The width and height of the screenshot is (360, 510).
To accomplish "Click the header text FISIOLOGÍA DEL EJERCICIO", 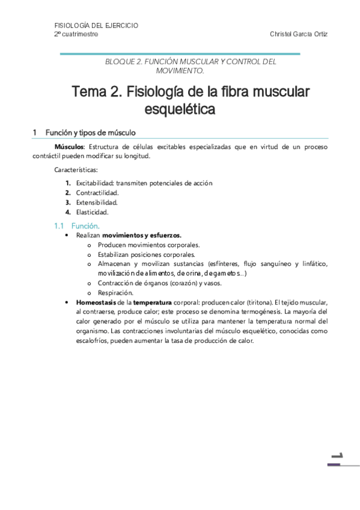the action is pyautogui.click(x=96, y=26).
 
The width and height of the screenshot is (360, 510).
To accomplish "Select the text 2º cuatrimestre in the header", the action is pyautogui.click(x=76, y=34).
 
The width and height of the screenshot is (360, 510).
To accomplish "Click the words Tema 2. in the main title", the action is pyautogui.click(x=95, y=92).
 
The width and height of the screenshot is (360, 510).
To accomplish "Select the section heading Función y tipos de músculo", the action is pyautogui.click(x=90, y=132).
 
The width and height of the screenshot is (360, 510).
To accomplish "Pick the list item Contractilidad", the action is pyautogui.click(x=97, y=192).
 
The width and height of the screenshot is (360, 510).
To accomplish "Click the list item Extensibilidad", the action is pyautogui.click(x=97, y=202).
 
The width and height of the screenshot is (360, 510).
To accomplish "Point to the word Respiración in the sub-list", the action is pyautogui.click(x=115, y=292).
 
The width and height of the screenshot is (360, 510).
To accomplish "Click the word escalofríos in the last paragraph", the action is pyautogui.click(x=71, y=340).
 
